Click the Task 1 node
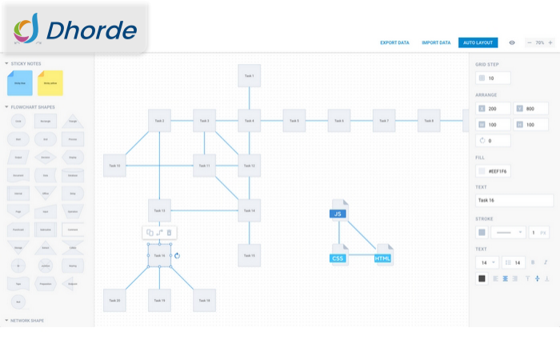(x=249, y=76)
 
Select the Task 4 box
(x=249, y=121)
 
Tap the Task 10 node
(x=114, y=166)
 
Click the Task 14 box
(x=249, y=210)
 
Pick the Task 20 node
(x=114, y=300)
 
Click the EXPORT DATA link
(x=394, y=42)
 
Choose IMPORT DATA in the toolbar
(x=436, y=42)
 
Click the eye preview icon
(x=512, y=42)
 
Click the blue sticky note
(x=19, y=82)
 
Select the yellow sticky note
(x=50, y=82)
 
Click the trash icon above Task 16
(x=169, y=233)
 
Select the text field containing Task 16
(x=512, y=201)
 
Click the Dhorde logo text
(x=91, y=31)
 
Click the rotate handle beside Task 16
(x=177, y=256)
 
